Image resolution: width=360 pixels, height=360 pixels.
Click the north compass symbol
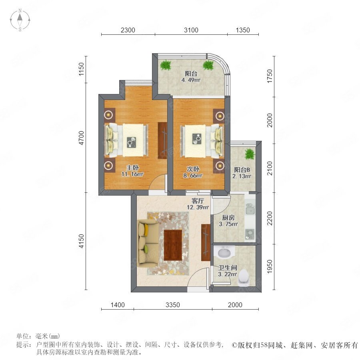20,20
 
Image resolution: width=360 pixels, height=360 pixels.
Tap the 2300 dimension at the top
128,30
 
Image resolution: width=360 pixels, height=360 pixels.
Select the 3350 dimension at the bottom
173,305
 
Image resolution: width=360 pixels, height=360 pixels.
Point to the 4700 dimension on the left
82,138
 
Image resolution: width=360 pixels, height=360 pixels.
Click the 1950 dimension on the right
270,266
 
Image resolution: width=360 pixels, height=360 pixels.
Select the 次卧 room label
193,169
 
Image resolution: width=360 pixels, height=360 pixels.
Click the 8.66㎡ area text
193,176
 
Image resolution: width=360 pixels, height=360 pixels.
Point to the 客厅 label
198,201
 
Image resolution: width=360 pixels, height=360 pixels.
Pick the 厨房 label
228,218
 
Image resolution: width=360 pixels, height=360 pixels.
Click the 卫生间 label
228,268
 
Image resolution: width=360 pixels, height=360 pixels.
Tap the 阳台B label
242,170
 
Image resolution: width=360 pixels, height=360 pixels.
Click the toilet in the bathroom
244,278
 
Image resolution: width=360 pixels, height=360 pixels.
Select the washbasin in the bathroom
224,252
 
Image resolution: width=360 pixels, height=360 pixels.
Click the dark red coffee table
173,245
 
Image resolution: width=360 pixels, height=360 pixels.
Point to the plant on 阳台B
250,154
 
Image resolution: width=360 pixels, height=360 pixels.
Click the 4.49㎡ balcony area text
191,80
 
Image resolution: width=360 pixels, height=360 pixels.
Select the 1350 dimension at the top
243,30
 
